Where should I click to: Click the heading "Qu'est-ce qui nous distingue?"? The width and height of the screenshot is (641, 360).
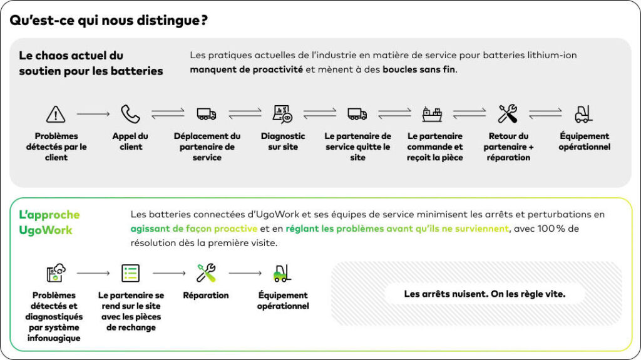(x=108, y=21)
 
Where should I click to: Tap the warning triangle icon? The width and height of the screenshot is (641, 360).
(x=56, y=114)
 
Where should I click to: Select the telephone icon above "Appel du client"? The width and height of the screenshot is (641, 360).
(x=130, y=114)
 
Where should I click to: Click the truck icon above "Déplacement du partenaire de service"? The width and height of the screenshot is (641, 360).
(x=207, y=114)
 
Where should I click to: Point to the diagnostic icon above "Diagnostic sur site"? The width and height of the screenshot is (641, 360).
(x=282, y=114)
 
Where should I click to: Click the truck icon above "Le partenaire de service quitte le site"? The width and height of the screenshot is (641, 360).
(x=357, y=114)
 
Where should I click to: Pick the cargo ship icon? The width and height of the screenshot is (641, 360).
(x=433, y=114)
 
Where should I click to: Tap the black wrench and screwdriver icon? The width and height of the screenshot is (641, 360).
(x=508, y=114)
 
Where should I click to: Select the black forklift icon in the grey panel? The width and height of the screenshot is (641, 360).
(x=583, y=114)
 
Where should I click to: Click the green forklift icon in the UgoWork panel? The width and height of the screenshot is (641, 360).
(x=282, y=273)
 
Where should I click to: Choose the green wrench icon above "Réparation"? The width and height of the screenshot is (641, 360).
(x=206, y=273)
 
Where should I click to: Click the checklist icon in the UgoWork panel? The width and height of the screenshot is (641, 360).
(x=130, y=273)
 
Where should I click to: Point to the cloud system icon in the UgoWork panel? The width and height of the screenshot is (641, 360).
(x=56, y=273)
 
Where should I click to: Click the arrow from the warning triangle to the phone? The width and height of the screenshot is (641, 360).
(x=93, y=114)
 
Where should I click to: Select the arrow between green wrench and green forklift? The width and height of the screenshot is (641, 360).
(x=245, y=273)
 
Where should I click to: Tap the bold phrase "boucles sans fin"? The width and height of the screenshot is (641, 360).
(x=419, y=69)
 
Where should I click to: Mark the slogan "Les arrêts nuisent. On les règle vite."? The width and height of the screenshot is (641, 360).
(x=485, y=294)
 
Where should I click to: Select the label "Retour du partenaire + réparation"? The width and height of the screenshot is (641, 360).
(x=508, y=147)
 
